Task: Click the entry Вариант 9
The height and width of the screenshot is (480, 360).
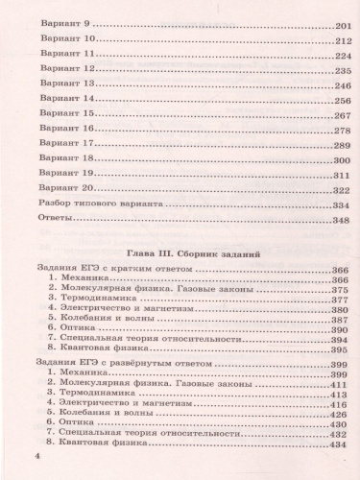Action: tap(60, 21)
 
